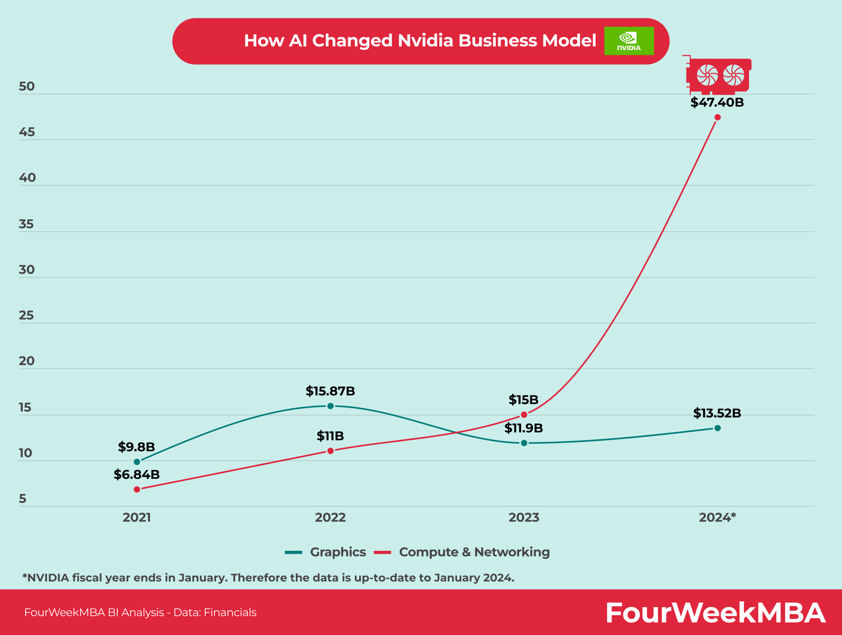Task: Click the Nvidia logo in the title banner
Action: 629,41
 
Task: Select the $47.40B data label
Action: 717,102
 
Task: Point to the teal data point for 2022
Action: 331,406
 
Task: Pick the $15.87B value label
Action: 331,391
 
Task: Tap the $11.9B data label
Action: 524,428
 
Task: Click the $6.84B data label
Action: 136,475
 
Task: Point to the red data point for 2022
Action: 331,451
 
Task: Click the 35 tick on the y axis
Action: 26,224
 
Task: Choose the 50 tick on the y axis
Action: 27,86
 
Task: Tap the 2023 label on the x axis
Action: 524,517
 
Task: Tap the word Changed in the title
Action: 352,41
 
